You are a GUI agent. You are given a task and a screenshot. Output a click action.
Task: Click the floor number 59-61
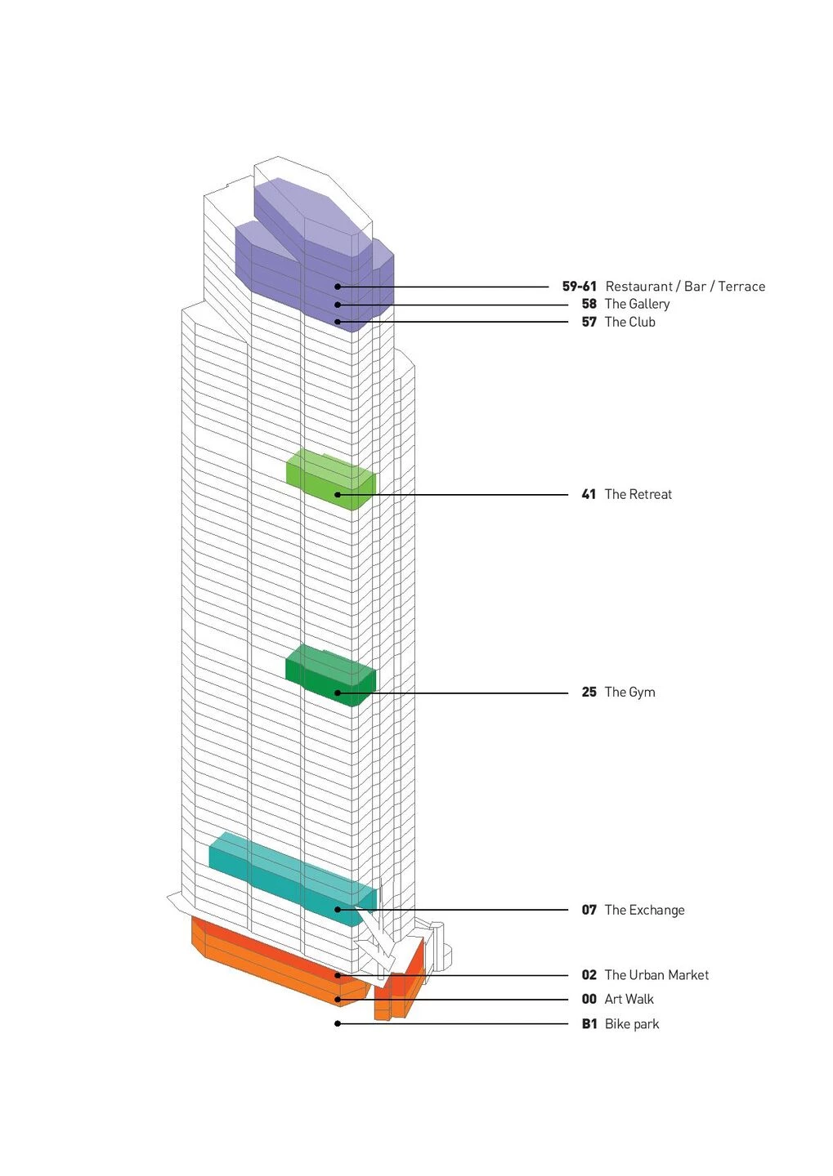579,287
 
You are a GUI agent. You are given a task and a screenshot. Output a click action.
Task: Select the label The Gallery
637,304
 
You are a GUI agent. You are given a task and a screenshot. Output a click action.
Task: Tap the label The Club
629,322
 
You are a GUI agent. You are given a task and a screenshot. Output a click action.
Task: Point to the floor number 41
589,494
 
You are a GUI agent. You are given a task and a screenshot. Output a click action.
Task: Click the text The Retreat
638,494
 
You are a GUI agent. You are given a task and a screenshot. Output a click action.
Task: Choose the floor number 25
589,692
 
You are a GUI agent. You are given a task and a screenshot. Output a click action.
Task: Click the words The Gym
629,692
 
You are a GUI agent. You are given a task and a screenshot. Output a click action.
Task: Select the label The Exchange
644,910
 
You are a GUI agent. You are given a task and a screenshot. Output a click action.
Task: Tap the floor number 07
589,910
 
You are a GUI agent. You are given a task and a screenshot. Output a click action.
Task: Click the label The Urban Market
656,975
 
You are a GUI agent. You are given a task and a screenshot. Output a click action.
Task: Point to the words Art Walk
629,999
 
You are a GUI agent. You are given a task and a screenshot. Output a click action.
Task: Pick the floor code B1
589,1024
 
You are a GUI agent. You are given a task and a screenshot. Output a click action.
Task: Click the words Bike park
631,1024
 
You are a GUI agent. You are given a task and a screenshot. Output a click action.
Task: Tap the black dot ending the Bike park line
338,1023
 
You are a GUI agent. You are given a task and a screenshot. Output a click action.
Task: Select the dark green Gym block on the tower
327,671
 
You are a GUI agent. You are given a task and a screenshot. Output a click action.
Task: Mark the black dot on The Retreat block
338,495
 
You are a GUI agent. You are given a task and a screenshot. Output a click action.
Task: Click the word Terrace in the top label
741,287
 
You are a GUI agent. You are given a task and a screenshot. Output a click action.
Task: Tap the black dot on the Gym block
338,693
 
